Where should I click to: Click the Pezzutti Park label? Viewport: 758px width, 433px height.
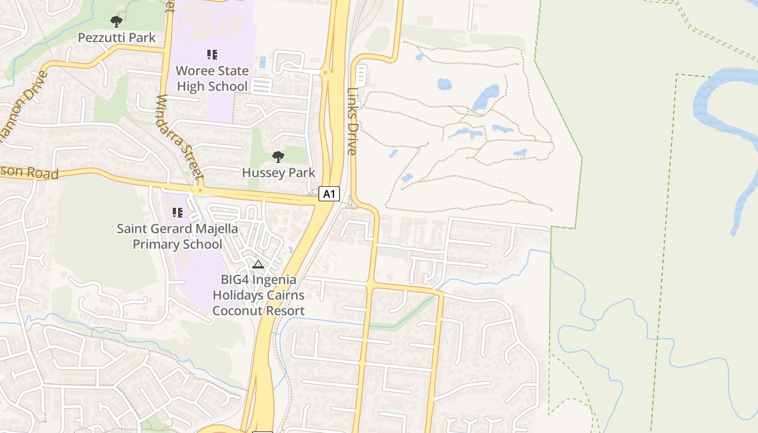pyautogui.click(x=116, y=37)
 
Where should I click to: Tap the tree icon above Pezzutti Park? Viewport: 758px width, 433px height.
pyautogui.click(x=116, y=22)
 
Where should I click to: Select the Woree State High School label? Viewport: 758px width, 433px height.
pyautogui.click(x=212, y=78)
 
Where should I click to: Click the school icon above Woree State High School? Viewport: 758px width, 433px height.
pyautogui.click(x=212, y=54)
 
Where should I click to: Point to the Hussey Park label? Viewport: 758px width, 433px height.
pyautogui.click(x=278, y=173)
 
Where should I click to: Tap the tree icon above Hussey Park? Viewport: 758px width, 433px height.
pyautogui.click(x=278, y=157)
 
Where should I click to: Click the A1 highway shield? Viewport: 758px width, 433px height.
pyautogui.click(x=329, y=194)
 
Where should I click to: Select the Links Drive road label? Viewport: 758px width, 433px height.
pyautogui.click(x=352, y=121)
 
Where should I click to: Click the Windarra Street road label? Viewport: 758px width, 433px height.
pyautogui.click(x=180, y=137)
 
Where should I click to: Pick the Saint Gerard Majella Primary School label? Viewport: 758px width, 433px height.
pyautogui.click(x=178, y=236)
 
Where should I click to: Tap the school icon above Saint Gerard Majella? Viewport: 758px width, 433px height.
pyautogui.click(x=177, y=213)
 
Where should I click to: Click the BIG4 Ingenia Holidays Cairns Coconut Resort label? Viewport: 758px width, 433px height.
pyautogui.click(x=258, y=295)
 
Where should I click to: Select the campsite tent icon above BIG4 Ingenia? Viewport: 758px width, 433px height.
pyautogui.click(x=258, y=264)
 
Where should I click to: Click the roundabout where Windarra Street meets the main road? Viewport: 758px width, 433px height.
pyautogui.click(x=200, y=190)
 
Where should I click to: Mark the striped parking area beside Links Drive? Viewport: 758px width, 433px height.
pyautogui.click(x=361, y=76)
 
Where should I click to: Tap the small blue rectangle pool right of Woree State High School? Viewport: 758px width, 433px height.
pyautogui.click(x=263, y=62)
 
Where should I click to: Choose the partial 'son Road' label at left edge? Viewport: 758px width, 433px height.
pyautogui.click(x=30, y=173)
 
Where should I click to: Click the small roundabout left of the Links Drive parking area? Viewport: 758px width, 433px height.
pyautogui.click(x=325, y=72)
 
